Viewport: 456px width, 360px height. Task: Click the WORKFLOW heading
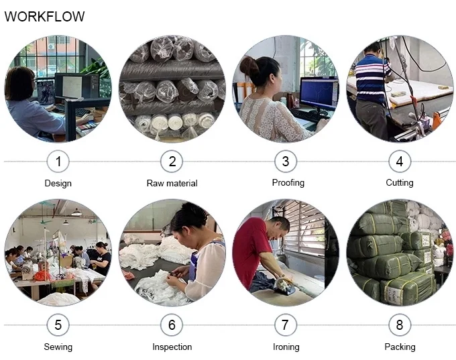[44, 16]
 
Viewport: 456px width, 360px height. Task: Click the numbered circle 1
[58, 162]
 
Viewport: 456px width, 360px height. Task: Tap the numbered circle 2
[172, 162]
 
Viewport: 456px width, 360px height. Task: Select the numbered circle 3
[286, 162]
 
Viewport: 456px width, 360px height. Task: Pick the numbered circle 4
[400, 162]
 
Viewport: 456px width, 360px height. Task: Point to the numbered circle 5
[58, 325]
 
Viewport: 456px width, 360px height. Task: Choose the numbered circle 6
[172, 325]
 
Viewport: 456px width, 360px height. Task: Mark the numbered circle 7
[286, 325]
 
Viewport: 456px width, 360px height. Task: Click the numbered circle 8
[400, 325]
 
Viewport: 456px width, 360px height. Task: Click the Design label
[58, 184]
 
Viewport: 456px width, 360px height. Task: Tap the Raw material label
[172, 183]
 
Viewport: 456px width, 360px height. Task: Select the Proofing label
[288, 183]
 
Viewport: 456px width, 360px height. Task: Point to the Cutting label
[400, 183]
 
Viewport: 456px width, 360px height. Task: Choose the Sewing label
[58, 347]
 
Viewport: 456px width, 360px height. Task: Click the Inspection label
[172, 347]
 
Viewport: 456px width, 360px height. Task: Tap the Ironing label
[286, 347]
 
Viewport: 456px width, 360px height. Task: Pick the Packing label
[400, 347]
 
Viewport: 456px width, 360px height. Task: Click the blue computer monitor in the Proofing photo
[319, 93]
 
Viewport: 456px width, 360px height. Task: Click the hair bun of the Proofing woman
[249, 66]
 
